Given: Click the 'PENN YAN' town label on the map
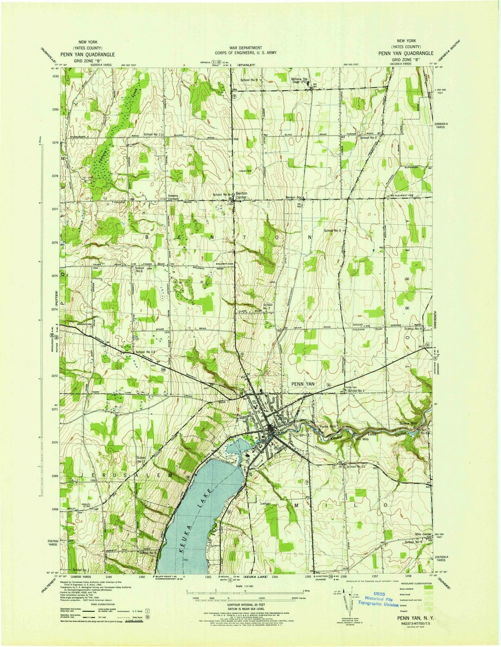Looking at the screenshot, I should [303, 384].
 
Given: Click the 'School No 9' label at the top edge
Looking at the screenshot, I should [249, 80].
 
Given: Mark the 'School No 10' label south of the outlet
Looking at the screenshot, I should [356, 466].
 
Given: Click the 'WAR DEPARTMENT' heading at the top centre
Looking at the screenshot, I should [245, 48].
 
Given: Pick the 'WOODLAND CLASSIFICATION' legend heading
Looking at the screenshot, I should [411, 584].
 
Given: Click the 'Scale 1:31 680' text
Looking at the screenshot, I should [245, 586].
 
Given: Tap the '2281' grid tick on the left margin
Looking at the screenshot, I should [55, 76].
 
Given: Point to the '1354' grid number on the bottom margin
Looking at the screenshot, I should [275, 577].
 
